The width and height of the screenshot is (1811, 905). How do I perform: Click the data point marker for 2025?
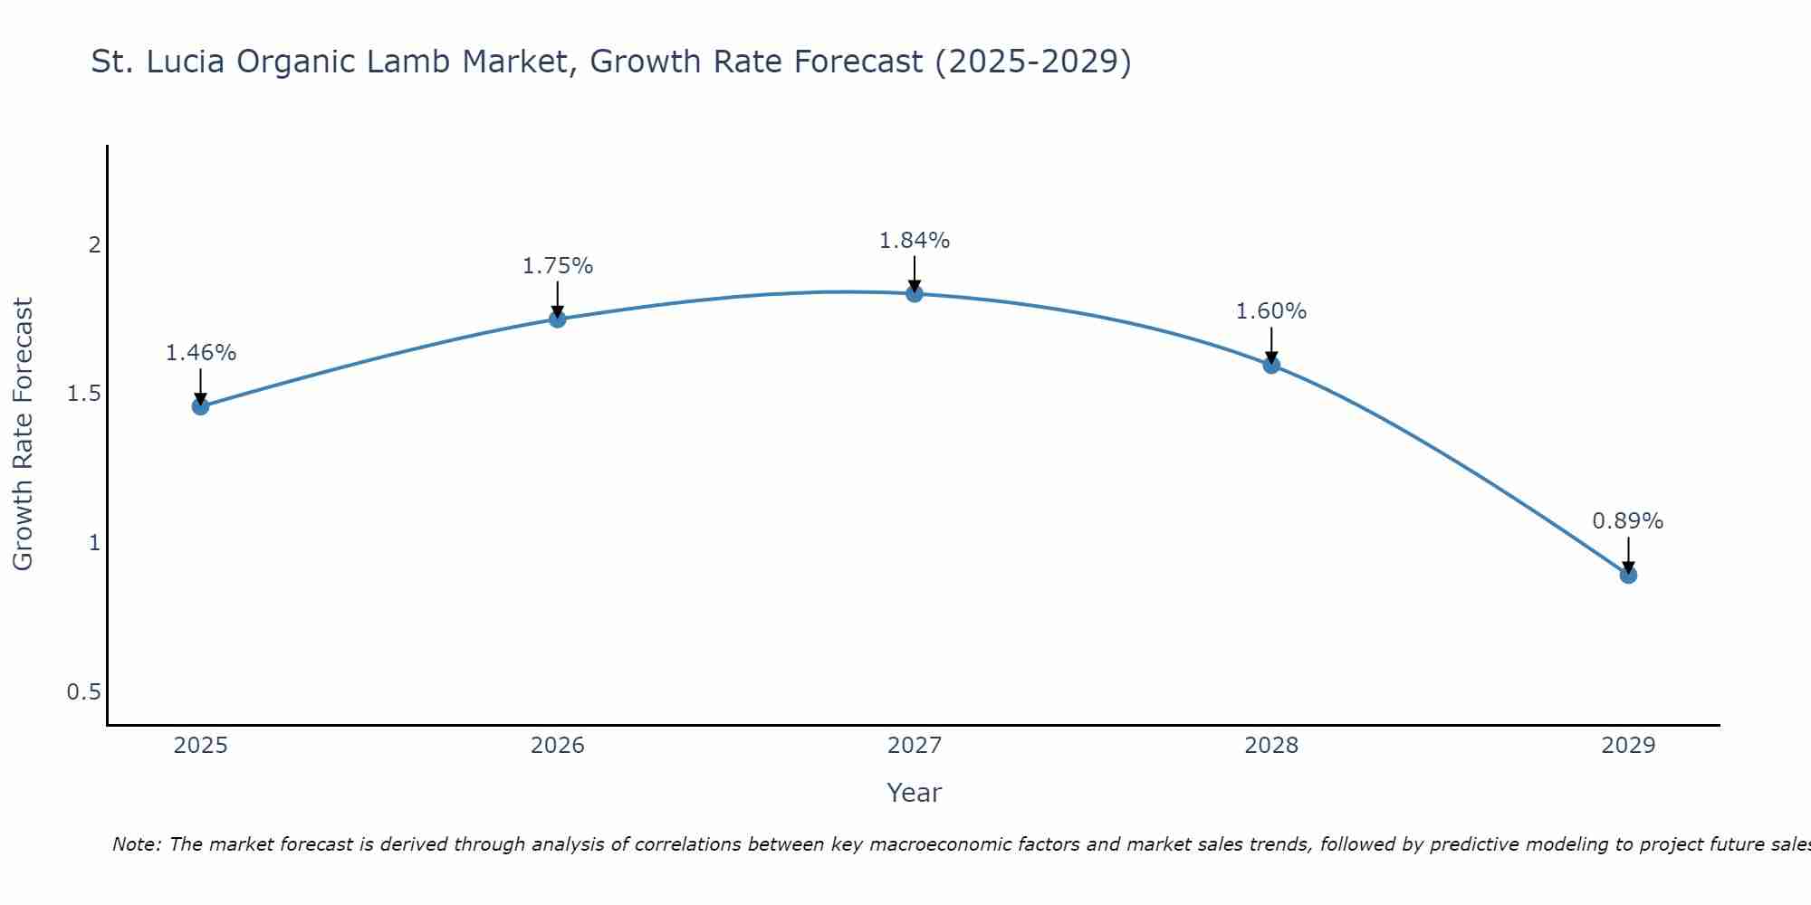200,406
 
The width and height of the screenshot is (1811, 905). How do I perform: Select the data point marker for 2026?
557,319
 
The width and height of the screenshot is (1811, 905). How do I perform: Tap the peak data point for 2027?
915,293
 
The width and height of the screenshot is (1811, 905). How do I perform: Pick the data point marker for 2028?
1271,365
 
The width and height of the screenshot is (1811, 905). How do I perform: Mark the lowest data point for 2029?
1628,575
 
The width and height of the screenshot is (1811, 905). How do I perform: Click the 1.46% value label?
200,353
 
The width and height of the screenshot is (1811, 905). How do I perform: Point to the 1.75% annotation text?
557,266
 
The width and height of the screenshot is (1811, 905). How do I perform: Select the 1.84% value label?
915,241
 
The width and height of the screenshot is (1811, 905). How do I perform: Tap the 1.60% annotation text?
1271,311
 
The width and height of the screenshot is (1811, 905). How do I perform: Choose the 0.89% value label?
1628,521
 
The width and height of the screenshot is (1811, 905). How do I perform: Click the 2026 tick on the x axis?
557,746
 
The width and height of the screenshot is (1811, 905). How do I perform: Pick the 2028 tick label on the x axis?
1271,746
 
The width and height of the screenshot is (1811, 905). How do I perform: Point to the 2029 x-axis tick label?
1628,746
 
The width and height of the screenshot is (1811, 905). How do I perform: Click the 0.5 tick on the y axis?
83,692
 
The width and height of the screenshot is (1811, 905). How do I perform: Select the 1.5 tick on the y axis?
83,394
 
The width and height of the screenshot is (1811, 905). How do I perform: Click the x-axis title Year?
915,793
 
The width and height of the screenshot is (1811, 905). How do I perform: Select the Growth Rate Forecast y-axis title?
23,434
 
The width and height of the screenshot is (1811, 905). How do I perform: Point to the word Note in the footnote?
136,844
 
